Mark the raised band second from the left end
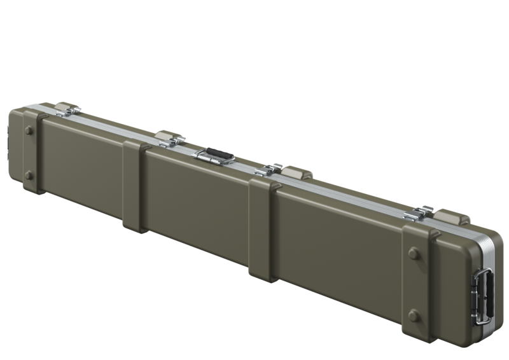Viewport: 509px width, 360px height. coord(134,184)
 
